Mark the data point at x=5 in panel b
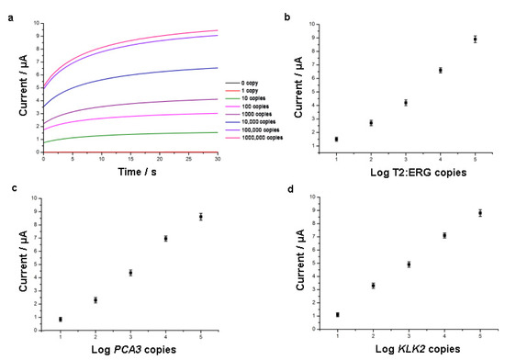[475, 39]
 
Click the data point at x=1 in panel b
[336, 139]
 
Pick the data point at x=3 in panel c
[130, 272]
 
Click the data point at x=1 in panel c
[61, 319]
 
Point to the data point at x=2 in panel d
[372, 286]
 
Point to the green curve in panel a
[129, 134]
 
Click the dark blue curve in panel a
[129, 79]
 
